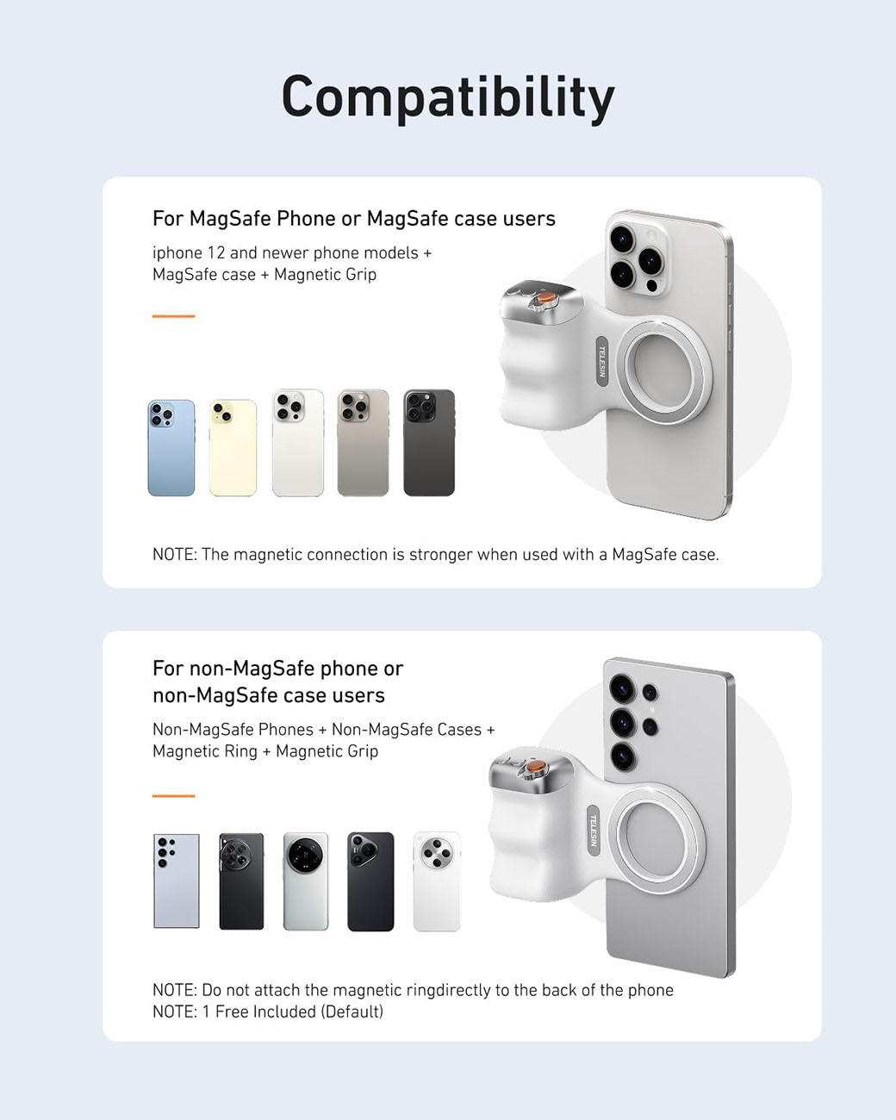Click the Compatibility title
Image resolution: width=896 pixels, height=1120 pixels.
(x=448, y=96)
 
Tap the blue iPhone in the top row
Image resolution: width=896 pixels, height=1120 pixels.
(x=171, y=448)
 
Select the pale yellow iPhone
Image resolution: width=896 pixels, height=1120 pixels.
(x=233, y=448)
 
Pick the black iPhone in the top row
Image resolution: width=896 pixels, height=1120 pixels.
(x=429, y=443)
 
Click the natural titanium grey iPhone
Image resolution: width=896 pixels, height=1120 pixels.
(x=363, y=443)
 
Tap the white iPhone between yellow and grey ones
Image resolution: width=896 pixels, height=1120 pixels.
(x=298, y=443)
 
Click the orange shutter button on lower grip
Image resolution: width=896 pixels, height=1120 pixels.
(x=535, y=766)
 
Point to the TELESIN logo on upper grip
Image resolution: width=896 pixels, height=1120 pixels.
(x=602, y=361)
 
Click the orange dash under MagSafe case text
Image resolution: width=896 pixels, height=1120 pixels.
(x=173, y=316)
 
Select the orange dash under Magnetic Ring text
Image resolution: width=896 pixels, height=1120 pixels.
(x=173, y=796)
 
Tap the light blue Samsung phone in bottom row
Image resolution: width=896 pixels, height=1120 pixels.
(x=176, y=880)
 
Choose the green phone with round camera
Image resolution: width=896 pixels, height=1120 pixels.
(x=306, y=880)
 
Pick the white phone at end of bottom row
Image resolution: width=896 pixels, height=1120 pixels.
(x=437, y=880)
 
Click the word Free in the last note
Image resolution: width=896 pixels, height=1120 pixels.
(x=231, y=1012)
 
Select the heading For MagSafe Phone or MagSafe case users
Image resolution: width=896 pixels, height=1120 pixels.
(x=353, y=219)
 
